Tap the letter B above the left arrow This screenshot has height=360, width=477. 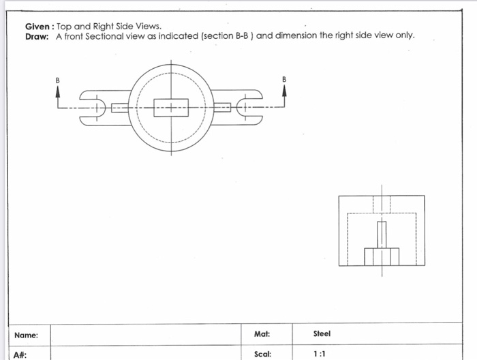[58, 80]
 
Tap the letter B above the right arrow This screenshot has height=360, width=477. [284, 80]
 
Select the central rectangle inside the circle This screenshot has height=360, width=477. [171, 107]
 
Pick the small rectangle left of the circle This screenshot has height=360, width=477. [120, 107]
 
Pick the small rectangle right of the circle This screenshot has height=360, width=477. [223, 107]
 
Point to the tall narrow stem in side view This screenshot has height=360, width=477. [382, 234]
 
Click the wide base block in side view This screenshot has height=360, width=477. [382, 256]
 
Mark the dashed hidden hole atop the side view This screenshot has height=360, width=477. [382, 204]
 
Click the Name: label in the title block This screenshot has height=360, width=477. [26, 335]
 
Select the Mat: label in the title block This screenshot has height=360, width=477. [262, 334]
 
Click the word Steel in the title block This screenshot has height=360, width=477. [322, 334]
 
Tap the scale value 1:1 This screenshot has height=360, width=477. [319, 355]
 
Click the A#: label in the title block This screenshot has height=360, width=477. [20, 355]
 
